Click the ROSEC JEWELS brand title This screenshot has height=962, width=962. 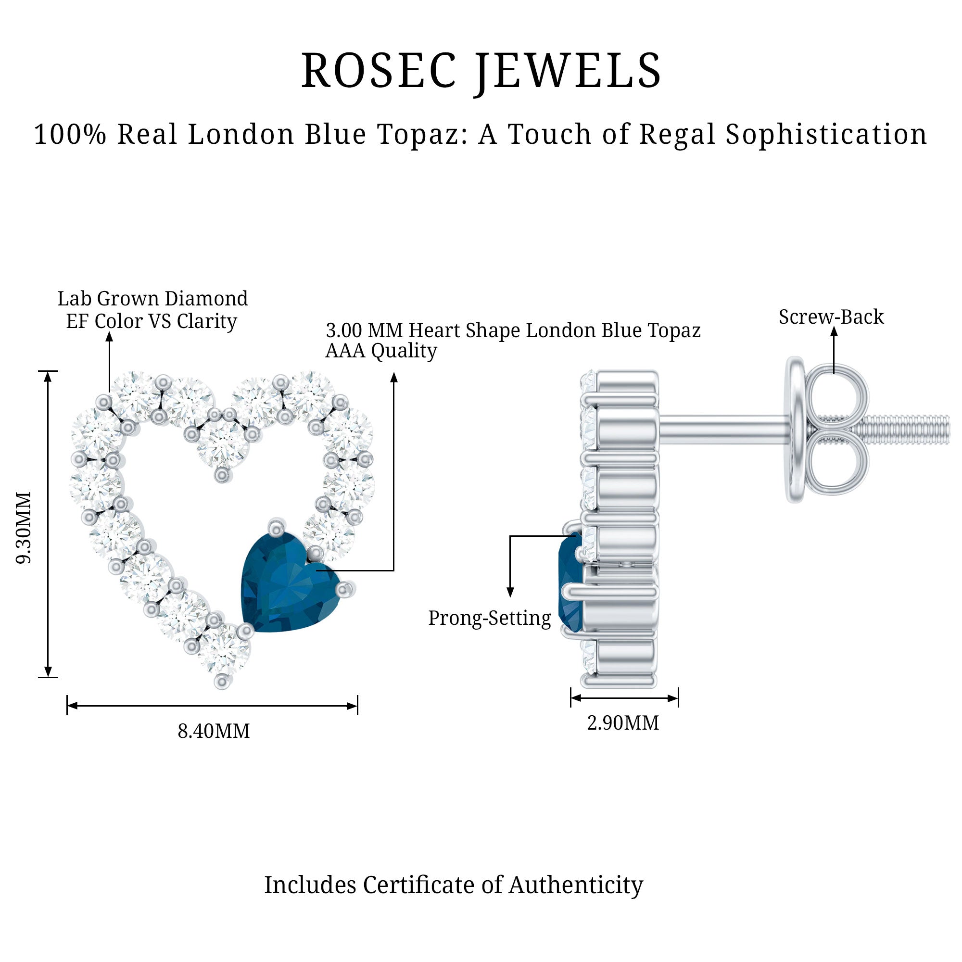pos(481,72)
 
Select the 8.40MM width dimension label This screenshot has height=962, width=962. pos(214,731)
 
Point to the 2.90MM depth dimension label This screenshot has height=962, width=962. pos(623,722)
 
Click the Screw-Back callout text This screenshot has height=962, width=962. pos(831,316)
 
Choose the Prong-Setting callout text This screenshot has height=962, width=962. pos(490,619)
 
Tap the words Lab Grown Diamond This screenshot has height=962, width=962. pos(152,298)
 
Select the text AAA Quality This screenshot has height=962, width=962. pos(381,351)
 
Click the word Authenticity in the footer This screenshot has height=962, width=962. pos(576,885)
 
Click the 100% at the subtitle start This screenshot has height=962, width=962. pos(70,135)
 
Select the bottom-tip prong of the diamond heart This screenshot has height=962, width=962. pos(222,681)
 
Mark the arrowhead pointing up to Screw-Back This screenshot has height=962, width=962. pos(834,330)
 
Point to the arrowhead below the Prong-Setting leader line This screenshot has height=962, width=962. pos(510,592)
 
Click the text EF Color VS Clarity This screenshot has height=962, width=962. pos(152,321)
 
